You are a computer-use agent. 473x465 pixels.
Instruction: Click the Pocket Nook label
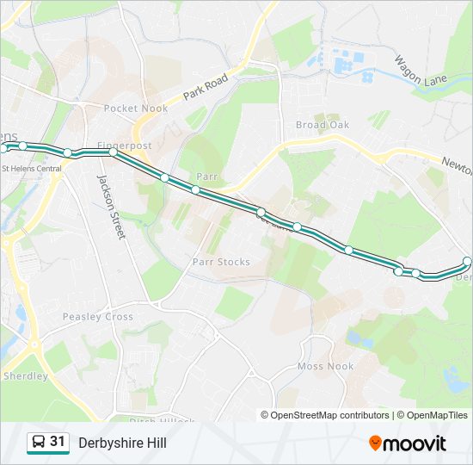(135, 108)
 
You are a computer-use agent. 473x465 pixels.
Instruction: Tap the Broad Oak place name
(322, 125)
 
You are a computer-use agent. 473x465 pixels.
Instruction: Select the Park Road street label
(206, 90)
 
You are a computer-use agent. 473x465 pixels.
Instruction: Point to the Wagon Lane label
(421, 71)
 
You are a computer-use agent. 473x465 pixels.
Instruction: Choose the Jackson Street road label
(111, 207)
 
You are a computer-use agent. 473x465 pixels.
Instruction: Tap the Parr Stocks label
(221, 262)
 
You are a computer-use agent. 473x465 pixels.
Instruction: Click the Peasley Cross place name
(97, 317)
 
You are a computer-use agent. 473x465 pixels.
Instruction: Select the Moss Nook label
(325, 366)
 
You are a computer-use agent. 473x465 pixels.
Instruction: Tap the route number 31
(58, 442)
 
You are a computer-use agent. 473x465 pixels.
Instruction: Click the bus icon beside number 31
(39, 443)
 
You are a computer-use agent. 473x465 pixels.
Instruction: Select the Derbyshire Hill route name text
(122, 443)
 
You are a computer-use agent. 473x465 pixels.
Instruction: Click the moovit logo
(408, 443)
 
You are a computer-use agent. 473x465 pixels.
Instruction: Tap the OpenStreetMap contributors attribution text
(330, 415)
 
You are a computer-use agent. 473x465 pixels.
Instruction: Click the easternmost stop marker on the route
(467, 261)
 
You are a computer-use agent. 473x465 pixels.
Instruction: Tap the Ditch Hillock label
(163, 420)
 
